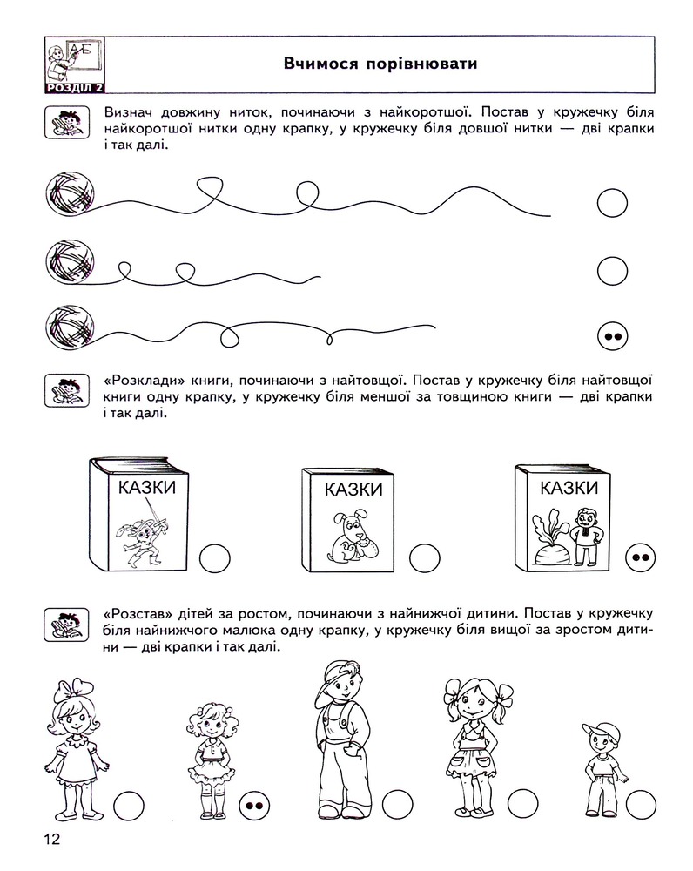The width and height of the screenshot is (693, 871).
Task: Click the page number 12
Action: pos(51,838)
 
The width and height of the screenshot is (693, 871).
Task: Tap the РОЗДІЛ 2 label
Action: pos(75,88)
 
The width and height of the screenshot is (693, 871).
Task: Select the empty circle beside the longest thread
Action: pos(613,203)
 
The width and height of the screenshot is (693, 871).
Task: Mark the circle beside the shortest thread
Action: pos(613,271)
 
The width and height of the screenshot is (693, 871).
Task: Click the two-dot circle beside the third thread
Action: pos(613,336)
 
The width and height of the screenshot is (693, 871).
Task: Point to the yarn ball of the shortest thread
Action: pos(70,261)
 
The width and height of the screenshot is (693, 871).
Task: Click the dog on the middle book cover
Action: pos(353,536)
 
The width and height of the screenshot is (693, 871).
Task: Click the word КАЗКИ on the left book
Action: pos(146,488)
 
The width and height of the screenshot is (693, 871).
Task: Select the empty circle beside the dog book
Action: pos(425,558)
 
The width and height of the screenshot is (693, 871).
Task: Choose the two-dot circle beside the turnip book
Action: pos(640,557)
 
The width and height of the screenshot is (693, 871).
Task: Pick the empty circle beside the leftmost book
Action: pos(215,558)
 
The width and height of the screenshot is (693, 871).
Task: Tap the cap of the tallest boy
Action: pos(339,673)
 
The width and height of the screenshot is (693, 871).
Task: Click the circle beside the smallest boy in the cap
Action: pos(641,804)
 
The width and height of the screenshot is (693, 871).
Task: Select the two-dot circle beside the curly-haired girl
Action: pos(254,806)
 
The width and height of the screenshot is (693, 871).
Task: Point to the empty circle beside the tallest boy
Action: pos(398,804)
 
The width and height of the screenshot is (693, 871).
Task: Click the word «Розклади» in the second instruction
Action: pos(145,381)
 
